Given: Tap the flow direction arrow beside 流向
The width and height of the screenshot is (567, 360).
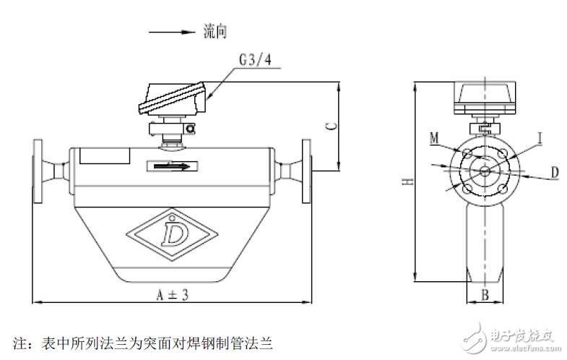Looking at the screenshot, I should pyautogui.click(x=169, y=32).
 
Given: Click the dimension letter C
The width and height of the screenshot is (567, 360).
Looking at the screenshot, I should pyautogui.click(x=330, y=126).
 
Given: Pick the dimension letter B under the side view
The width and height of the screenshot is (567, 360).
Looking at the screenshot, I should pyautogui.click(x=485, y=294).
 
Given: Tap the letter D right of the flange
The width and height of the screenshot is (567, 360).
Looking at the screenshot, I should pyautogui.click(x=555, y=172).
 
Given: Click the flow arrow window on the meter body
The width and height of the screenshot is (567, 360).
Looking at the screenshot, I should pyautogui.click(x=172, y=166).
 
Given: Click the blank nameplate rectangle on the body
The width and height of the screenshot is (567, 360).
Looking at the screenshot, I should pyautogui.click(x=105, y=155).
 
